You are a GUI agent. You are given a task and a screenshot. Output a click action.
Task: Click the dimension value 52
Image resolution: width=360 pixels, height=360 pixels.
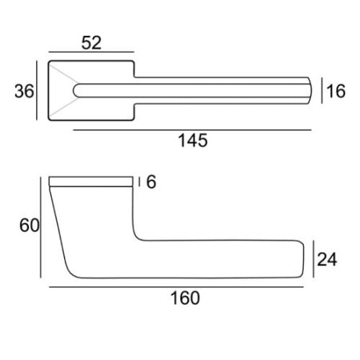point(91,43)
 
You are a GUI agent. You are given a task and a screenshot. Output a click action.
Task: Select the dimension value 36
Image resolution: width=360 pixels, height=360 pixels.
point(24,91)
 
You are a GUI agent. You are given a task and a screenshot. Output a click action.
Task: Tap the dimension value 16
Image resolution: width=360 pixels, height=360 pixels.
point(336,91)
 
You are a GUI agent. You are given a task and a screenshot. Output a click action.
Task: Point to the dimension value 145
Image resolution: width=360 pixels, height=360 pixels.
point(193,141)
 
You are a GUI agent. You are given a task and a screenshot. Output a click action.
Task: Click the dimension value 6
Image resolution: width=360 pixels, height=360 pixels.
point(151,182)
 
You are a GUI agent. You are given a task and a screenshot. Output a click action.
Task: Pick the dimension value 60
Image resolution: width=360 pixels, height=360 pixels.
point(30,226)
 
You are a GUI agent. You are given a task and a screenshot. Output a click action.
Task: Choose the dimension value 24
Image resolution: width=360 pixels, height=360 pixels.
point(327,259)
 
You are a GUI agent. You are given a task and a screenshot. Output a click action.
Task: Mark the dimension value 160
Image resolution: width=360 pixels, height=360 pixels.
point(185,298)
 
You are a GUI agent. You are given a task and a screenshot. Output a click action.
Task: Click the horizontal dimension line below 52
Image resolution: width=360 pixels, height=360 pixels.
point(91,52)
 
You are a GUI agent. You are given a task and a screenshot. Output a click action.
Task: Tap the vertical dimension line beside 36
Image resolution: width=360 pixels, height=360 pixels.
point(37,90)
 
